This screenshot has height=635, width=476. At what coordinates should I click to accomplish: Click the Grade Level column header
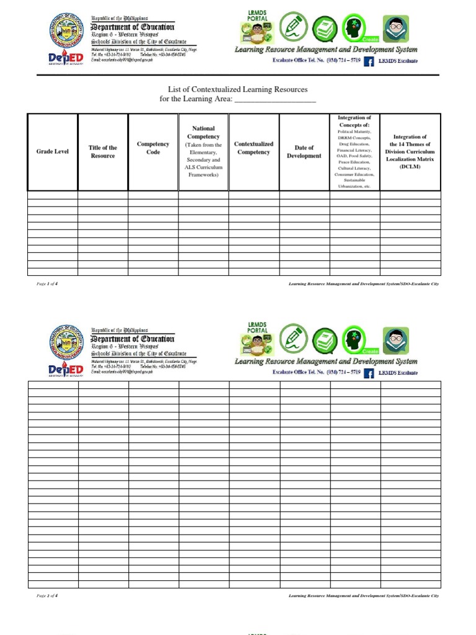(x=53, y=152)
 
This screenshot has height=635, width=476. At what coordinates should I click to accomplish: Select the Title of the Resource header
(x=103, y=152)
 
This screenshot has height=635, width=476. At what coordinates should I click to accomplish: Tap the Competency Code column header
(x=153, y=148)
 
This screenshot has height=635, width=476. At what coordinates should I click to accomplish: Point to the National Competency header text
(x=203, y=132)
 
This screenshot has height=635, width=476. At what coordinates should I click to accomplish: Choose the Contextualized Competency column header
(x=253, y=148)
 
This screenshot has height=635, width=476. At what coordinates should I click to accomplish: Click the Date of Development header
(x=304, y=152)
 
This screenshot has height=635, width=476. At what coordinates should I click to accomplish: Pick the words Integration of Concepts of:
(x=354, y=121)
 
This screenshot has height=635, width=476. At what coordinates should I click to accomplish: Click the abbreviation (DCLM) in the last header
(x=410, y=167)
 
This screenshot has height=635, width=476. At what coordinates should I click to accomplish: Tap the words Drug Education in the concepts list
(x=354, y=144)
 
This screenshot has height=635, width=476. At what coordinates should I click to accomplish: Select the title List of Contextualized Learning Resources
(x=238, y=90)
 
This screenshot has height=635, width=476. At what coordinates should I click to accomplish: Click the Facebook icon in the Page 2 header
(x=369, y=373)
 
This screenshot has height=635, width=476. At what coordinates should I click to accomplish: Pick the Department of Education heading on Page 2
(x=133, y=339)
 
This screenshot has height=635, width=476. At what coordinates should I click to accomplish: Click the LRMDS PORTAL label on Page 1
(x=257, y=16)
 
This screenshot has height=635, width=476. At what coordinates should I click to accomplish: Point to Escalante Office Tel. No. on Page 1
(x=316, y=61)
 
